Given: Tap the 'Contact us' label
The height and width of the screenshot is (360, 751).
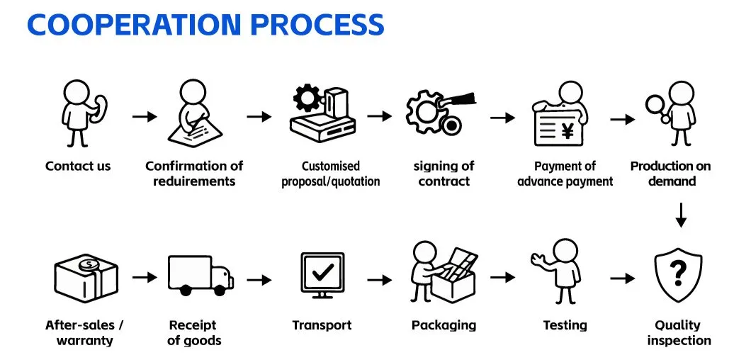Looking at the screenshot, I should pyautogui.click(x=78, y=167).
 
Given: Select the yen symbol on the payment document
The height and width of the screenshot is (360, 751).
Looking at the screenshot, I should pyautogui.click(x=568, y=130).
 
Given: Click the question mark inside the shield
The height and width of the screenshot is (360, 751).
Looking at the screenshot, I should pyautogui.click(x=679, y=271).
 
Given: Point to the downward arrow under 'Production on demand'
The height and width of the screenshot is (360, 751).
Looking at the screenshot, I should pyautogui.click(x=681, y=215).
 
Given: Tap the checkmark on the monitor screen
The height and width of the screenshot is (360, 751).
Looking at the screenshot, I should pyautogui.click(x=322, y=271).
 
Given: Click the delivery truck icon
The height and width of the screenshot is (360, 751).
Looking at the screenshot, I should pyautogui.click(x=201, y=276).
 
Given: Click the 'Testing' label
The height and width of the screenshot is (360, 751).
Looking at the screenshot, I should pyautogui.click(x=565, y=325).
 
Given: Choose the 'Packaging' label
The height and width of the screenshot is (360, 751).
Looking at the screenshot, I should pyautogui.click(x=444, y=325).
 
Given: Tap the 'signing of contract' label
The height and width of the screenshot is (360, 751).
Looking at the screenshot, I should pyautogui.click(x=444, y=174).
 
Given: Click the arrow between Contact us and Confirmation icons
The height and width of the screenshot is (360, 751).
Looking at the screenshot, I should pyautogui.click(x=145, y=116).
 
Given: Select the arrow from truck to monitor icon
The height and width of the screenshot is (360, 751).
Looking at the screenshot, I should pyautogui.click(x=259, y=279).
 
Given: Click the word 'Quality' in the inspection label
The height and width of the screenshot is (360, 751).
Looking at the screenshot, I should pyautogui.click(x=677, y=325).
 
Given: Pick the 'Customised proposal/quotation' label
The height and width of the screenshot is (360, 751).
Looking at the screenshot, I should pyautogui.click(x=331, y=174).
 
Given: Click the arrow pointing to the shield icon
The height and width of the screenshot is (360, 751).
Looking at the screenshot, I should pyautogui.click(x=622, y=279).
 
